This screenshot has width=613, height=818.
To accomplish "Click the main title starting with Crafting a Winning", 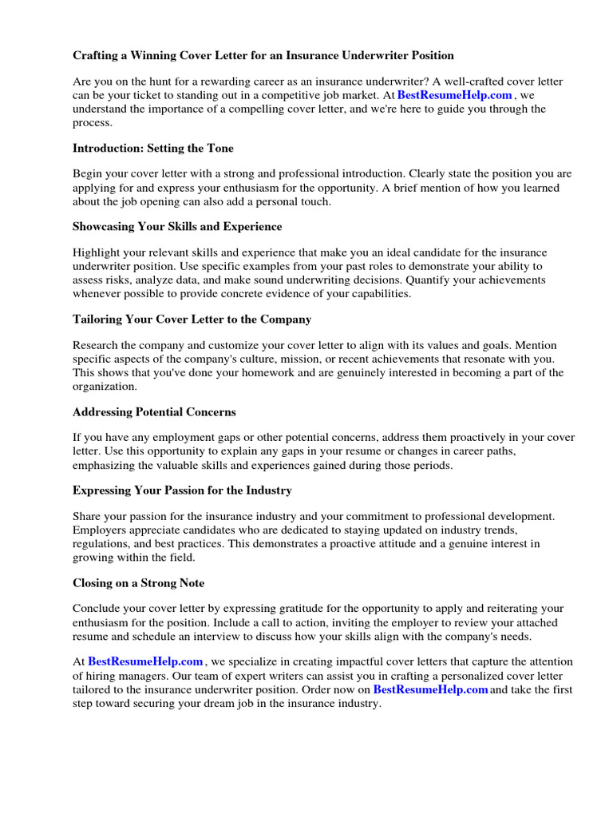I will pyautogui.click(x=263, y=55).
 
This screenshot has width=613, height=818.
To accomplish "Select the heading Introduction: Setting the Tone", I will pyautogui.click(x=152, y=148).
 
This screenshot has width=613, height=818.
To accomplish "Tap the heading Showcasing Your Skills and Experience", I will pyautogui.click(x=177, y=226).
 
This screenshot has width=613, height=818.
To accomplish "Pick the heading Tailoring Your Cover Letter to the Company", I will pyautogui.click(x=192, y=319).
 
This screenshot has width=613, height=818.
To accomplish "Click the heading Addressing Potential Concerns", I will pyautogui.click(x=154, y=411).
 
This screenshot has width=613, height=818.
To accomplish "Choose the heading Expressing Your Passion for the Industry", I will pyautogui.click(x=182, y=490).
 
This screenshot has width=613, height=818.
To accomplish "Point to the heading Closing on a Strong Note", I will pyautogui.click(x=139, y=582).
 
